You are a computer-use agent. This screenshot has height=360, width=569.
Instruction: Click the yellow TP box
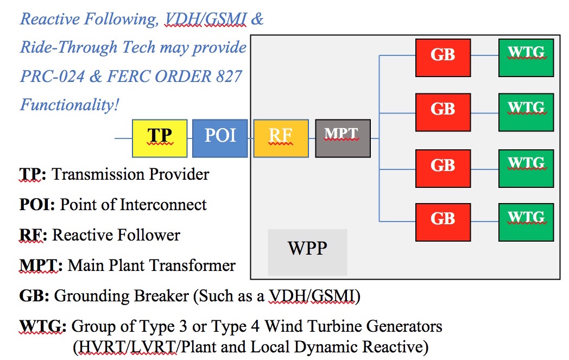160,138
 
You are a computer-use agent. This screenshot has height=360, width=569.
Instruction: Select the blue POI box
220,138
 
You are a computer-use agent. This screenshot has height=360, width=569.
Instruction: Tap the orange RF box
281,138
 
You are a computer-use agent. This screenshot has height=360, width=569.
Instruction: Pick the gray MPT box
343,138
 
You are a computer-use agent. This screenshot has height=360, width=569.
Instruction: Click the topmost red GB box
443,58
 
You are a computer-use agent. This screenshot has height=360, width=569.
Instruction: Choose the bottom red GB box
443,222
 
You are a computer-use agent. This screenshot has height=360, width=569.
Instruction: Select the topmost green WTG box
526,58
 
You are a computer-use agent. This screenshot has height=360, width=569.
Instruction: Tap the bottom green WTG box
526,222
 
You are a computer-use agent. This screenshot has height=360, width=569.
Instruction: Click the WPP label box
307,252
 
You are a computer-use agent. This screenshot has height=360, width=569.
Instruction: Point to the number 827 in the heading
229,77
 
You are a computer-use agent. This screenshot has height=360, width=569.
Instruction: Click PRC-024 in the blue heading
52,77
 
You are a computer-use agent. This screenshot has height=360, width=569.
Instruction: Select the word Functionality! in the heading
69,105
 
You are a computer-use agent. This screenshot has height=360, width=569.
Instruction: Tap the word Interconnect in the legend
163,205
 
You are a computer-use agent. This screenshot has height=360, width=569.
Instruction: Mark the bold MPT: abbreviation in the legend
41,266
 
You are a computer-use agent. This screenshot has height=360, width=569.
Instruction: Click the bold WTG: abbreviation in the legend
43,326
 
